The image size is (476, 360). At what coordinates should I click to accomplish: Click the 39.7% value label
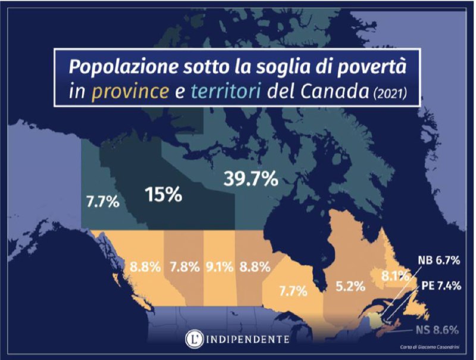[x=250, y=178]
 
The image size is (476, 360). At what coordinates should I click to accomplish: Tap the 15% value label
[x=164, y=194]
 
